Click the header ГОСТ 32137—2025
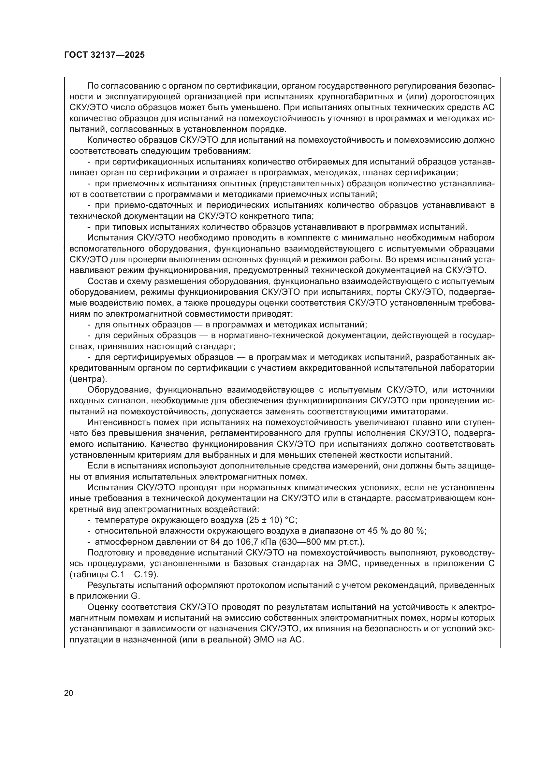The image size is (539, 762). pyautogui.click(x=104, y=55)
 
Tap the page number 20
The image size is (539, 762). pyautogui.click(x=69, y=693)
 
